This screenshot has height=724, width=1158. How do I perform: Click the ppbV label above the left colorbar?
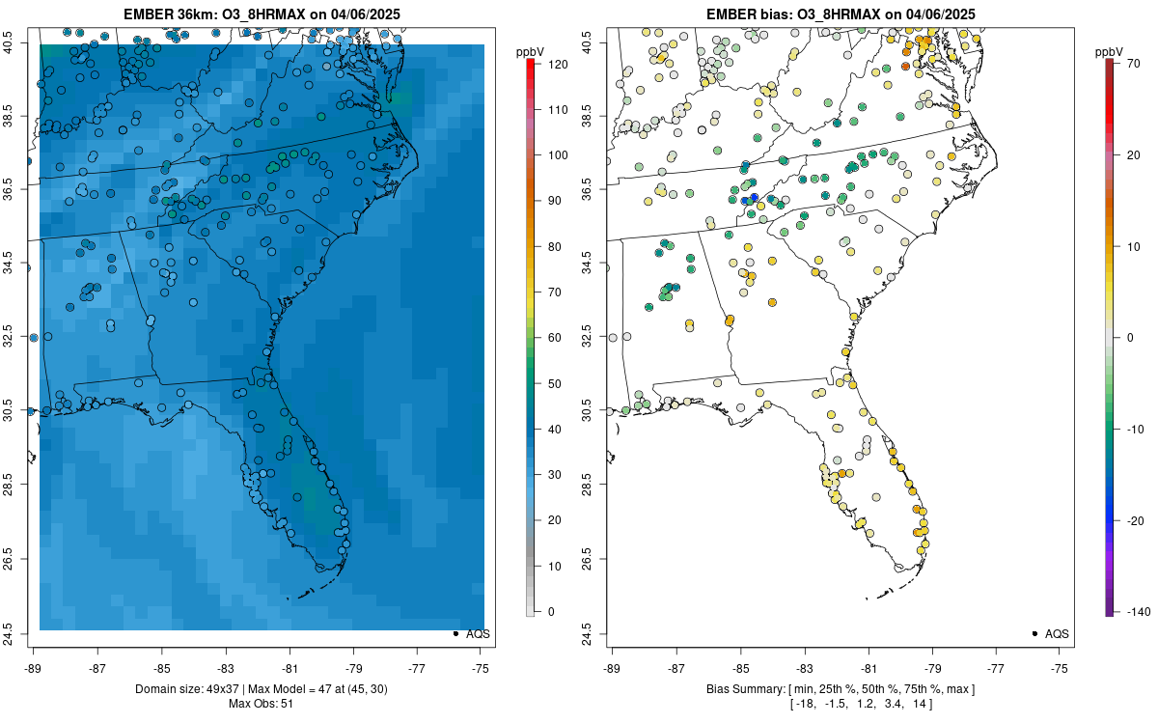pyautogui.click(x=529, y=50)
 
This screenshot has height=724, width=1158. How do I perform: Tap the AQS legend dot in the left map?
pyautogui.click(x=455, y=633)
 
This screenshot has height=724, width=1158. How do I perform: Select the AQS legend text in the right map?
pyautogui.click(x=1057, y=633)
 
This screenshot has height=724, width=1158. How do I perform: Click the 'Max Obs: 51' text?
pyautogui.click(x=262, y=704)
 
